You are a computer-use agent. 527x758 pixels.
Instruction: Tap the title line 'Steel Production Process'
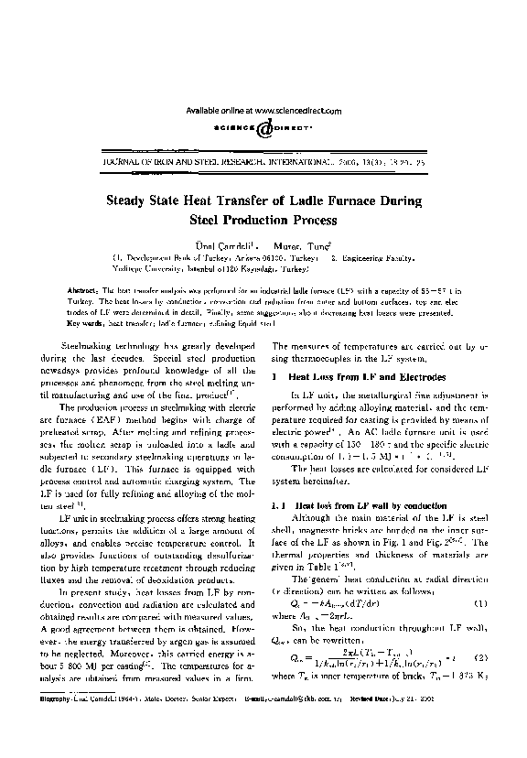coord(263,221)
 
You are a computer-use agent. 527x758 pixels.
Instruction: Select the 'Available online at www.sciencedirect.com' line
coord(263,110)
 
